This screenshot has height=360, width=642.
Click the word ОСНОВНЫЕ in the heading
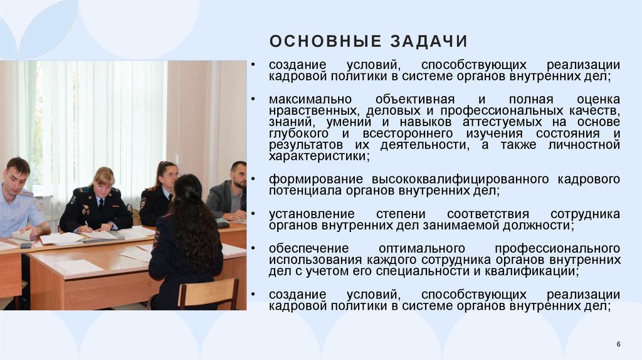(325, 41)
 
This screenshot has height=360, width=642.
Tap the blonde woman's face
(103, 181)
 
